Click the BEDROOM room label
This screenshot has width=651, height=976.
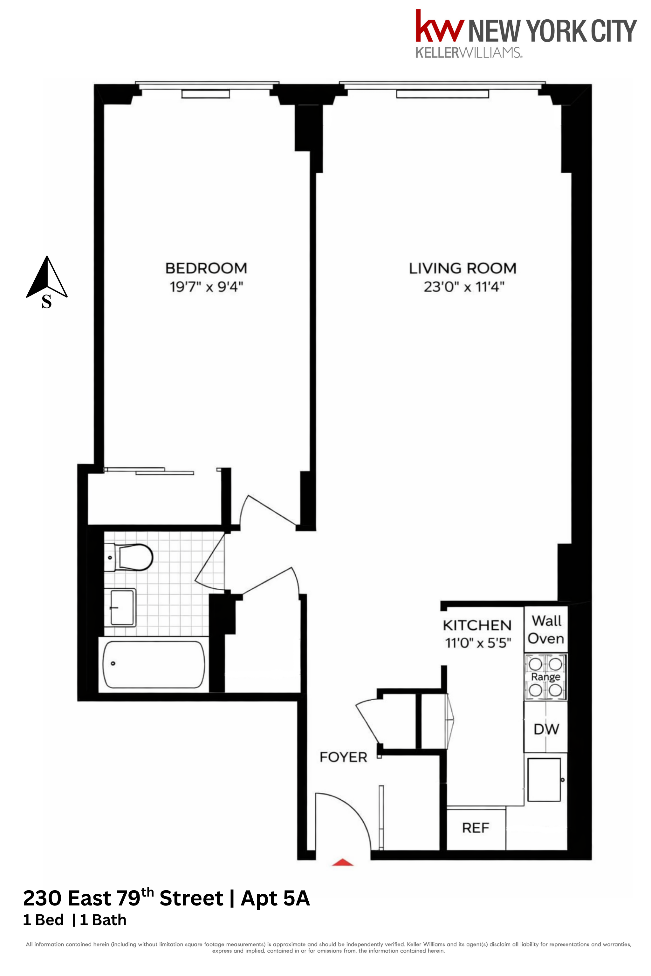pyautogui.click(x=206, y=268)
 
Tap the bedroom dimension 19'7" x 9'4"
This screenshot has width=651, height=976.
pyautogui.click(x=206, y=287)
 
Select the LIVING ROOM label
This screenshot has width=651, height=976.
pyautogui.click(x=463, y=268)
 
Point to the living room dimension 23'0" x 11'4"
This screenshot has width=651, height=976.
pyautogui.click(x=464, y=287)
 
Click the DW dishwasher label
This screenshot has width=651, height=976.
pyautogui.click(x=546, y=729)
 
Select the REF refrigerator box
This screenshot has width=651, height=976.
pyautogui.click(x=476, y=828)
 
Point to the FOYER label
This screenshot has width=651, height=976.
pyautogui.click(x=343, y=757)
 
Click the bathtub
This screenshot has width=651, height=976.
pyautogui.click(x=154, y=664)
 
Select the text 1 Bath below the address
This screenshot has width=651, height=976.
pyautogui.click(x=103, y=920)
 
